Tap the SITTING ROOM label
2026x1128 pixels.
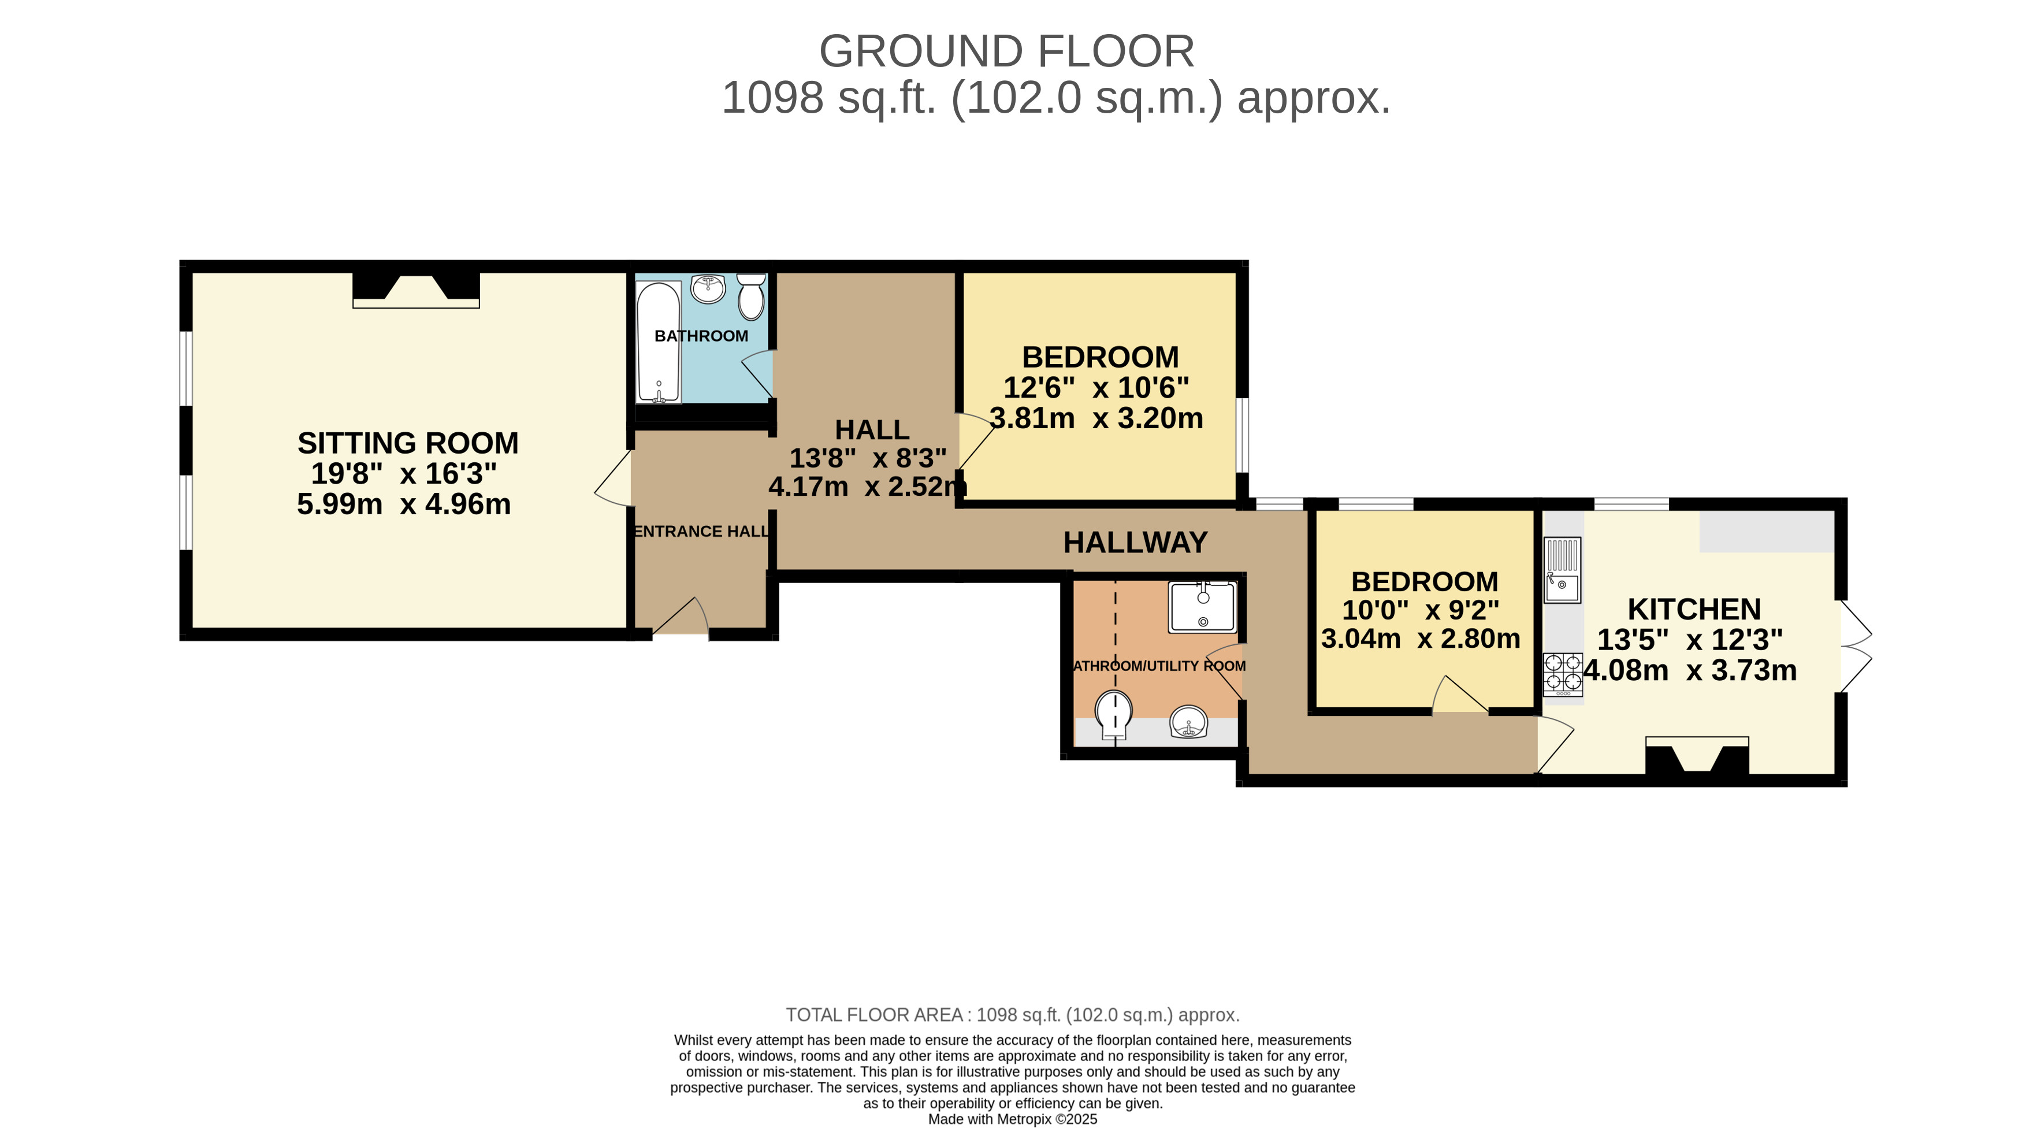click(x=407, y=443)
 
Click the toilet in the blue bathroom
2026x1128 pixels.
click(x=751, y=296)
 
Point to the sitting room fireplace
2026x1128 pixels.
click(x=416, y=289)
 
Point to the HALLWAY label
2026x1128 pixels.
click(x=1135, y=542)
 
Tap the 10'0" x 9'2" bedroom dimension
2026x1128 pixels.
click(x=1421, y=610)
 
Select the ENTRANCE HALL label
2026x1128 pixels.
click(x=701, y=531)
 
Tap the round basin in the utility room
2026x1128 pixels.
click(x=1188, y=721)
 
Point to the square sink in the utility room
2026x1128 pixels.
click(x=1202, y=607)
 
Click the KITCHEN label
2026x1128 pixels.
click(x=1693, y=609)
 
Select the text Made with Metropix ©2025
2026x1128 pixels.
click(x=1012, y=1119)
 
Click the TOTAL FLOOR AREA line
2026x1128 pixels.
click(x=1012, y=1015)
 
